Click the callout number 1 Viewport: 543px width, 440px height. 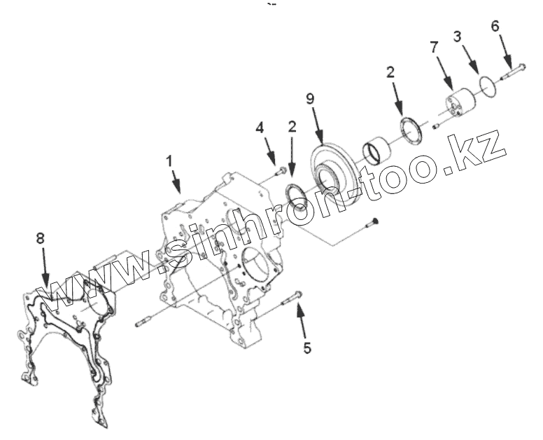[168, 160]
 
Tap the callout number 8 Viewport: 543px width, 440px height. [40, 239]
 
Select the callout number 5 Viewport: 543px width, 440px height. [306, 347]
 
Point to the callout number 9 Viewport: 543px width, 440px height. [311, 97]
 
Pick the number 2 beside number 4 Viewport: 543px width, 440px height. [292, 127]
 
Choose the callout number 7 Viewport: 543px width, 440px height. [434, 48]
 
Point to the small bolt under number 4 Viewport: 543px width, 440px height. [279, 168]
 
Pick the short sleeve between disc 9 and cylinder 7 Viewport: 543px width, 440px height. [377, 150]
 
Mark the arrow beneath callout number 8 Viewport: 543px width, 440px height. [45, 269]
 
